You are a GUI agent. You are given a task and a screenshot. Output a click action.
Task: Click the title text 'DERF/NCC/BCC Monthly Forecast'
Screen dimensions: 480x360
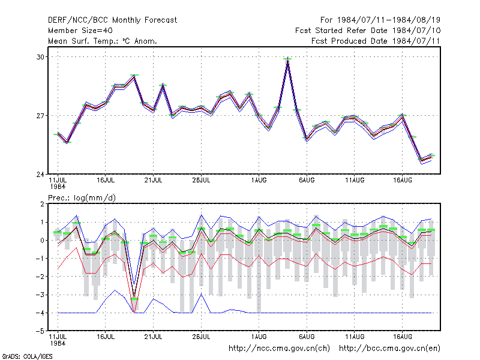(x=112, y=20)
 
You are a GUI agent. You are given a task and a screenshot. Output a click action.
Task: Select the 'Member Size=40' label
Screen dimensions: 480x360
(x=80, y=31)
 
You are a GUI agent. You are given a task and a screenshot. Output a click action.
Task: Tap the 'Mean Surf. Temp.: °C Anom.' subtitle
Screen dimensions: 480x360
(x=103, y=41)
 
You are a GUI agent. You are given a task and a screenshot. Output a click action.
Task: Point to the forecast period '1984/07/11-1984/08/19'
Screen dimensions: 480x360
(x=389, y=20)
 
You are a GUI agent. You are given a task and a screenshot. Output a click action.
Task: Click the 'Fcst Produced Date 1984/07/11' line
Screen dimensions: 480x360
(x=376, y=41)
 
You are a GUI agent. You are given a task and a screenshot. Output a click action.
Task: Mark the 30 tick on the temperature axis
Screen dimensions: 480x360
(x=40, y=57)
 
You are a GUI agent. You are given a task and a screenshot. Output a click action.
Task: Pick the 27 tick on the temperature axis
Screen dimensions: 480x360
(x=40, y=116)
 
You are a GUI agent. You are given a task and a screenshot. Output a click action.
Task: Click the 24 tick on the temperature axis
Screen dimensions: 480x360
(x=40, y=175)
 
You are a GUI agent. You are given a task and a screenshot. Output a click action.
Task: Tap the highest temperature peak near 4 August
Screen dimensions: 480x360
(x=287, y=59)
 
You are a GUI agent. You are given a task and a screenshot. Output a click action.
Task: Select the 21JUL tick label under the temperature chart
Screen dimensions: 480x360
(x=153, y=180)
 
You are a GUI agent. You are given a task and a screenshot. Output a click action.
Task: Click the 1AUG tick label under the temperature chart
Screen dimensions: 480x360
(x=259, y=180)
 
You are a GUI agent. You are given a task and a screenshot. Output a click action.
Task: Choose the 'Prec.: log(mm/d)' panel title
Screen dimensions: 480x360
(x=82, y=198)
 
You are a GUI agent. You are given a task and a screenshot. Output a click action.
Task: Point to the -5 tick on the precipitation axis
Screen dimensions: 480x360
(x=40, y=331)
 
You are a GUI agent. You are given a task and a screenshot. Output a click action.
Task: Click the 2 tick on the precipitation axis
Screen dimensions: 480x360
(x=42, y=204)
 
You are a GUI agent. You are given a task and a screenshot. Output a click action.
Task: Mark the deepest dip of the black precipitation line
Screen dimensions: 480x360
(x=134, y=296)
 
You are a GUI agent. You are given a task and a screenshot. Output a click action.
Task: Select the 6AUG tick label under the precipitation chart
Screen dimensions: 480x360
(x=307, y=337)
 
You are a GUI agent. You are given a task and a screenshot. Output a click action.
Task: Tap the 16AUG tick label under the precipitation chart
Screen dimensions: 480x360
(x=402, y=337)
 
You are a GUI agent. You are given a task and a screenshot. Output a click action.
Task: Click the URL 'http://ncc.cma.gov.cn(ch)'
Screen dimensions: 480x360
(x=279, y=349)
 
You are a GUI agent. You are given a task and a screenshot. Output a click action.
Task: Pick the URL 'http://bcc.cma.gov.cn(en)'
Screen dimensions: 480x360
(x=389, y=349)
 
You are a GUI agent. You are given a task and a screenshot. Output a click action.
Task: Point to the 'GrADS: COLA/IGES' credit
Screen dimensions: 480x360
(x=27, y=356)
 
